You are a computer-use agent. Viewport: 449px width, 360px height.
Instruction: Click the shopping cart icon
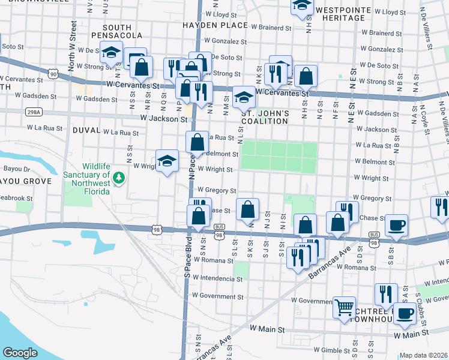tap(345, 308)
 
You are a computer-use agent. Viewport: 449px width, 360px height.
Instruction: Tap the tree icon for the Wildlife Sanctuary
tap(119, 177)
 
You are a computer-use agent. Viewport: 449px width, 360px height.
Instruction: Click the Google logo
tap(20, 353)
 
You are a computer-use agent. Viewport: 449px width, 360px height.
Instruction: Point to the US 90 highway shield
tap(54, 74)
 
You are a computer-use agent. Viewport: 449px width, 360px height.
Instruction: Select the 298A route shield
tap(33, 112)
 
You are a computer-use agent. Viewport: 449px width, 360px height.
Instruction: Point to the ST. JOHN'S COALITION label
tap(265, 117)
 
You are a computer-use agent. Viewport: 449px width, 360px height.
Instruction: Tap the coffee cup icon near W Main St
tap(405, 313)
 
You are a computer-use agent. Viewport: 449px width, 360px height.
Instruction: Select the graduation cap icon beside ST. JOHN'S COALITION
tap(243, 97)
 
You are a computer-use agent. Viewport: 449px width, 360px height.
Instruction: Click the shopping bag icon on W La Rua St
tap(197, 143)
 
